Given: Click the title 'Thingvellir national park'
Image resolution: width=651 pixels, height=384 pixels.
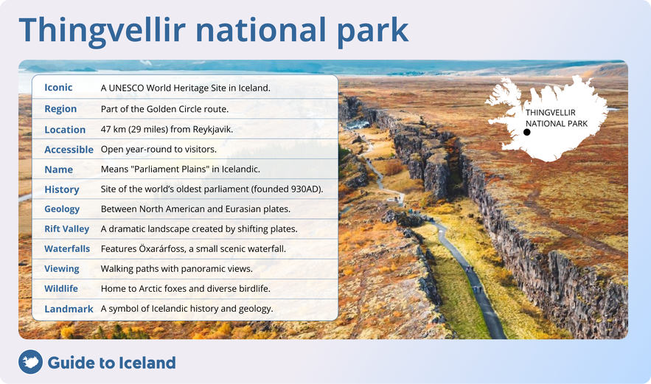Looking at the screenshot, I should [x=213, y=29].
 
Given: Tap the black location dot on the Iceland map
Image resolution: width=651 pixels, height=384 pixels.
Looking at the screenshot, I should [x=526, y=133].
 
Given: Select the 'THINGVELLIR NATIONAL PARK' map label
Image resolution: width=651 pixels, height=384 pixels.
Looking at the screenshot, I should [x=556, y=118].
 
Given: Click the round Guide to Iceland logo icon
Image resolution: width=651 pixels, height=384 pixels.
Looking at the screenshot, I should [x=30, y=362].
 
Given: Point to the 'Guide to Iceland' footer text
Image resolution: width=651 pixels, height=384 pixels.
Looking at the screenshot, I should [x=111, y=363].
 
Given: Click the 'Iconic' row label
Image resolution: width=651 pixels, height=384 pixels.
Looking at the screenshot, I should [x=58, y=88].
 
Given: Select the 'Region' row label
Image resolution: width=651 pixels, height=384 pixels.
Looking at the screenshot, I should [x=60, y=108].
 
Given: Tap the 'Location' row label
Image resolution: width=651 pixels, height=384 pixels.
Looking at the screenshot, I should [x=65, y=130].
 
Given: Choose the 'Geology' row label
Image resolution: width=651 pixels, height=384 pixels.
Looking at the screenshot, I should [x=62, y=209].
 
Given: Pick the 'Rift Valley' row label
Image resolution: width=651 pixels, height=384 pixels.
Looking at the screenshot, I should [x=66, y=229].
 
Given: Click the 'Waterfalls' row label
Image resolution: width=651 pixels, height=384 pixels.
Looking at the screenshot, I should [x=66, y=249].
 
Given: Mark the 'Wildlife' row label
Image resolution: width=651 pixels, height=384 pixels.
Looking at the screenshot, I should [x=60, y=289].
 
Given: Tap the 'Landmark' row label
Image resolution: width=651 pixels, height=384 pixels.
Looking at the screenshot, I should [x=69, y=309].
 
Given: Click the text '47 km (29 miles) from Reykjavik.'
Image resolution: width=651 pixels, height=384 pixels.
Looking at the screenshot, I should [x=167, y=129].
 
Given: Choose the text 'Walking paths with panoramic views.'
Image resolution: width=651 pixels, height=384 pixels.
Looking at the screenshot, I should [x=176, y=269].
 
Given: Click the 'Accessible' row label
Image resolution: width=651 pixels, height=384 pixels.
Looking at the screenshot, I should [x=69, y=150].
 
